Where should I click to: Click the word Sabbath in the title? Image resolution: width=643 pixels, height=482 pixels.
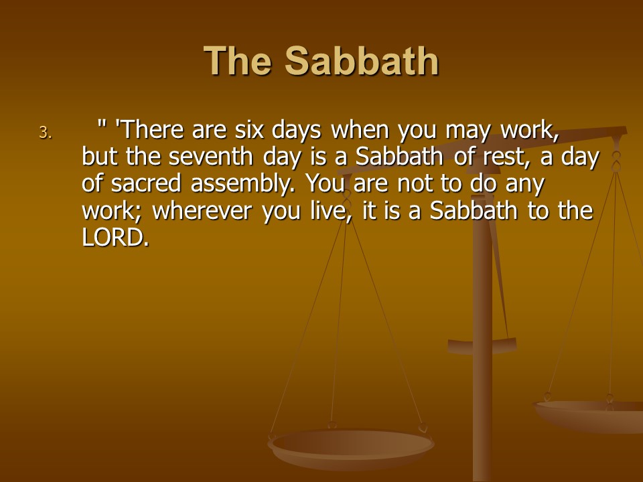tap(362, 61)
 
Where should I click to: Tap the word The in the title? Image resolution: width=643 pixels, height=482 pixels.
tap(237, 61)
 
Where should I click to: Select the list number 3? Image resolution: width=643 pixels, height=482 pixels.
tap(46, 133)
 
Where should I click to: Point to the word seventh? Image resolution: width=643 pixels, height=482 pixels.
tap(210, 157)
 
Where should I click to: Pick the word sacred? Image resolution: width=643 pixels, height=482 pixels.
tap(145, 183)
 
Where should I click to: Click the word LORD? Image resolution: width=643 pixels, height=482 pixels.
tap(115, 237)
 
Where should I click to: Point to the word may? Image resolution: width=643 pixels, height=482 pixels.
tap(468, 132)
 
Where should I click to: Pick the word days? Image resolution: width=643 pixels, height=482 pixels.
tap(297, 131)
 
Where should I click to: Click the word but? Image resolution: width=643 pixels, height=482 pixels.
tap(99, 157)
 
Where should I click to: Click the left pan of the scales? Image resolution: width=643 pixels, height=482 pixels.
tap(350, 448)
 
